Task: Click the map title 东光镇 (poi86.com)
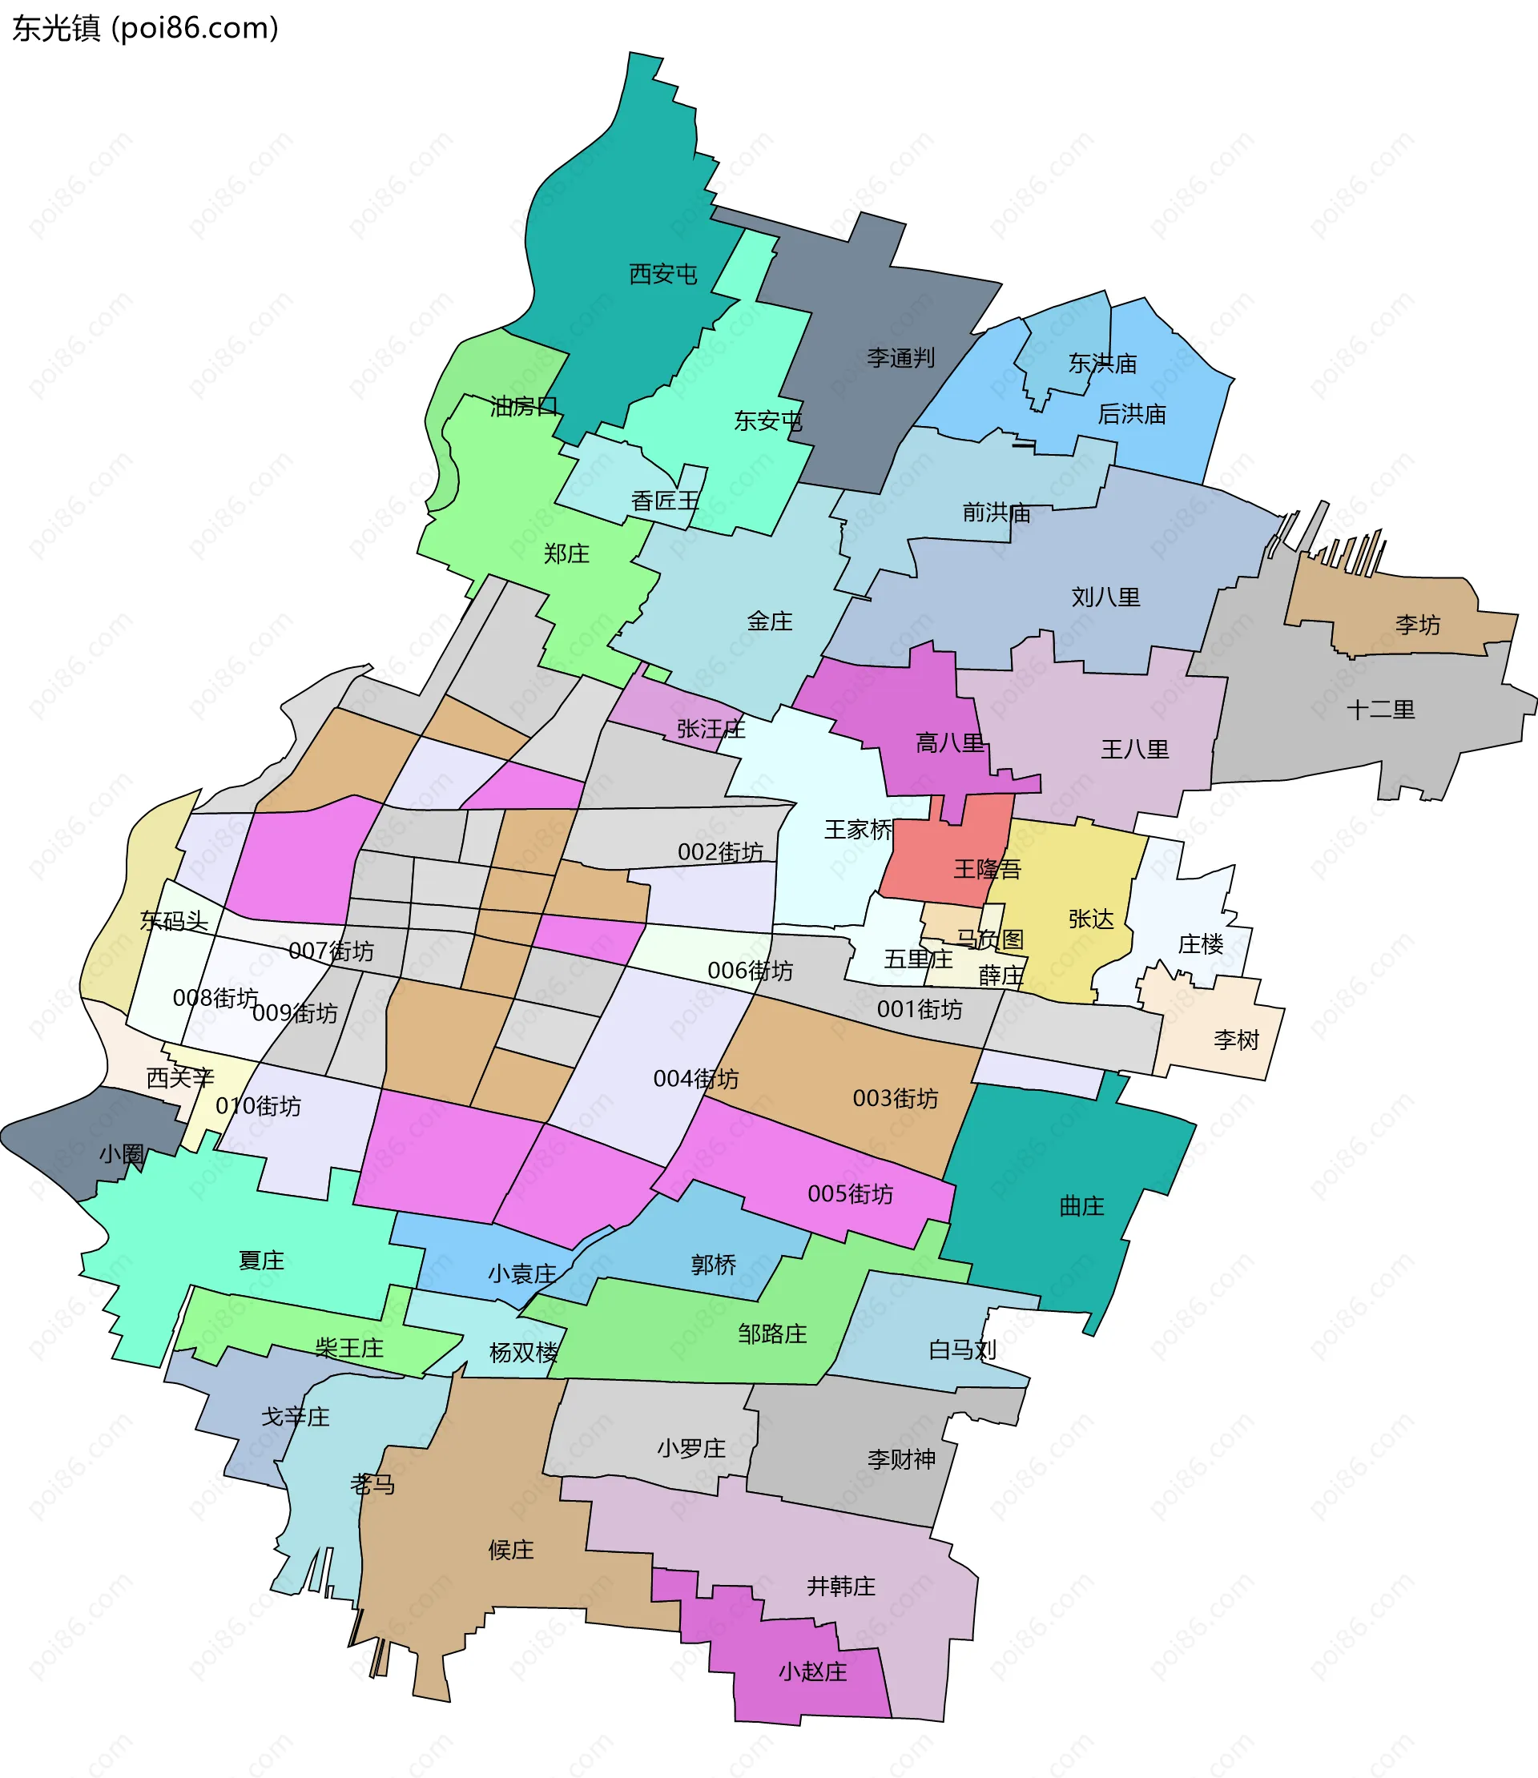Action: click(145, 28)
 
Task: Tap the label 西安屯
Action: click(662, 274)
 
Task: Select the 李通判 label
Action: click(900, 358)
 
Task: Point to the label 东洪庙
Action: click(1102, 363)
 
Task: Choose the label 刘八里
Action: click(1105, 597)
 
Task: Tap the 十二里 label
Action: click(1380, 709)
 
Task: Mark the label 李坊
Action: click(1417, 624)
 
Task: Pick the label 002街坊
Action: click(720, 851)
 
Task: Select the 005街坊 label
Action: click(850, 1193)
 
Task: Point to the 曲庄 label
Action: click(1081, 1205)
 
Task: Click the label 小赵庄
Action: click(812, 1671)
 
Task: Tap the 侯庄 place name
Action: click(511, 1549)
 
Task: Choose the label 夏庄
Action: click(261, 1260)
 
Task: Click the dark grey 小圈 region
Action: click(86, 1141)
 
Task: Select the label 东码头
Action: click(175, 920)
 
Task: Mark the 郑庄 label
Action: click(566, 553)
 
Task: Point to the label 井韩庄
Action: click(840, 1586)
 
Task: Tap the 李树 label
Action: click(1236, 1040)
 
